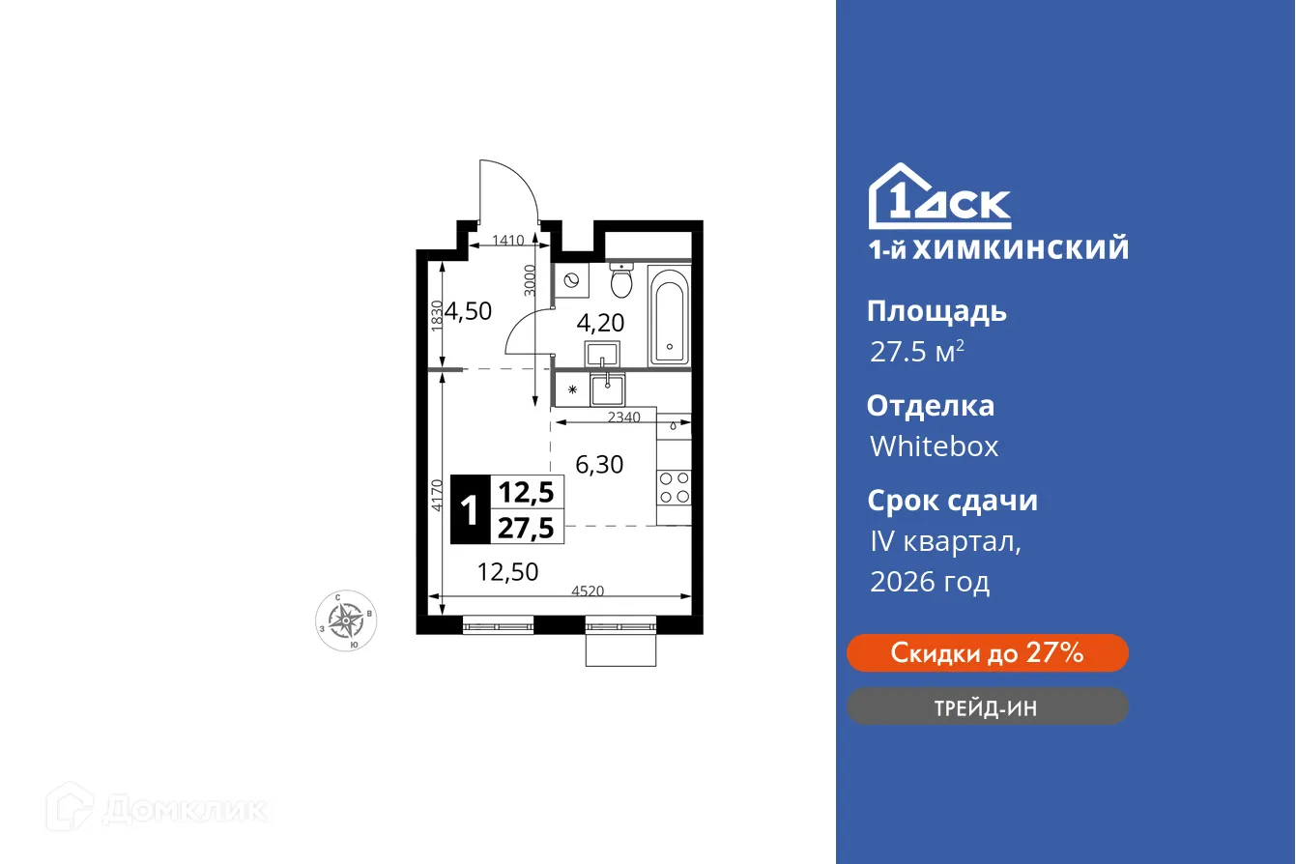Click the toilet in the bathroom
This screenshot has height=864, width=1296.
pyautogui.click(x=621, y=281)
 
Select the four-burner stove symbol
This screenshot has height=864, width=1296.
pyautogui.click(x=674, y=487)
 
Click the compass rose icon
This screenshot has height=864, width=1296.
pyautogui.click(x=346, y=619)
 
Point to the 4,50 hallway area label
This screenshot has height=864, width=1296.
pyautogui.click(x=469, y=311)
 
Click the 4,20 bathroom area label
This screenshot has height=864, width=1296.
pyautogui.click(x=600, y=322)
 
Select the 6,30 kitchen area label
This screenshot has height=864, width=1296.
pyautogui.click(x=599, y=465)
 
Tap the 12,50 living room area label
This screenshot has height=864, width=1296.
pyautogui.click(x=507, y=572)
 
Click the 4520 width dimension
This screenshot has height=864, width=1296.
pyautogui.click(x=588, y=591)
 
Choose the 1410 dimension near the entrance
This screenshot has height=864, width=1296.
pyautogui.click(x=507, y=241)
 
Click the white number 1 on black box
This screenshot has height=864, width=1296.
pyautogui.click(x=471, y=509)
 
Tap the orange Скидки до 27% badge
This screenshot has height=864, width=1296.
pyautogui.click(x=987, y=653)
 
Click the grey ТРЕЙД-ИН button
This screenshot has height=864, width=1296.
pyautogui.click(x=987, y=707)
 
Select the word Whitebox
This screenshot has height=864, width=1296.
pyautogui.click(x=934, y=446)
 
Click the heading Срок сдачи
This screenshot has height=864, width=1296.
pyautogui.click(x=952, y=501)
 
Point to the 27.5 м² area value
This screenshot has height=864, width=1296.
pyautogui.click(x=916, y=352)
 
